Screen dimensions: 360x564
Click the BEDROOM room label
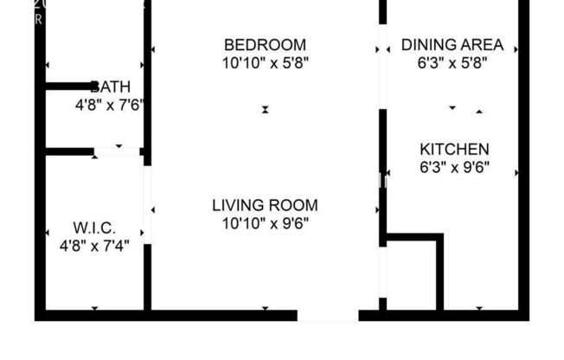[265, 45]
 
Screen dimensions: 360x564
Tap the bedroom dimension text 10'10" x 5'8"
[265, 62]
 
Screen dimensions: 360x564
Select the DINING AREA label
[452, 45]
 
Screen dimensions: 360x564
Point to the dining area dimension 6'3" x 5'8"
[452, 63]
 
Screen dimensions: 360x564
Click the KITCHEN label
[454, 150]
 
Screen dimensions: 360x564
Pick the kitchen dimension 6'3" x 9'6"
[454, 167]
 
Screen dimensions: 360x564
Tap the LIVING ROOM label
[265, 206]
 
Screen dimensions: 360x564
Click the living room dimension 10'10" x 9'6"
[265, 223]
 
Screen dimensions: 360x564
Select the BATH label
[111, 87]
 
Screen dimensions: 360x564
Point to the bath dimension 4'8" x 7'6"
[109, 106]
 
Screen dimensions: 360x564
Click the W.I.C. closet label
[94, 228]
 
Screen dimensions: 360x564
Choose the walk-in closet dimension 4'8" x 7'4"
[94, 246]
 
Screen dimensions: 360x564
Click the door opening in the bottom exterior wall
[327, 315]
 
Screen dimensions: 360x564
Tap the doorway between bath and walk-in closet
[118, 151]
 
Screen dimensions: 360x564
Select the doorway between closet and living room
[148, 204]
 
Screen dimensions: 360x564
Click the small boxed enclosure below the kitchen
[412, 273]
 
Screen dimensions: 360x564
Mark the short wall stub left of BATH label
[67, 86]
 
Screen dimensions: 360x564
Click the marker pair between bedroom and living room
[266, 110]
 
